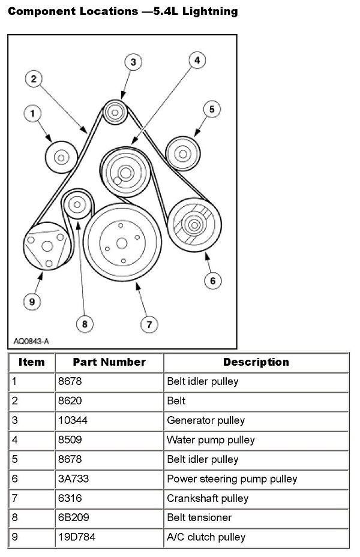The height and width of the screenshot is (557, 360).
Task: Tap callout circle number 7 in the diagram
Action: point(148,324)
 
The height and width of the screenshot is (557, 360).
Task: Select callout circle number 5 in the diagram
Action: point(212,109)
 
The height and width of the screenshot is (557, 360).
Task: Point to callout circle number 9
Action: point(33,300)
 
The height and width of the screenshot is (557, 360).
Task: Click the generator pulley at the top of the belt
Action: point(114,112)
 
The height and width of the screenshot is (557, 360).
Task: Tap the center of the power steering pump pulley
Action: point(194,225)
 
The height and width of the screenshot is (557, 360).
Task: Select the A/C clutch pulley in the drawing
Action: point(45,246)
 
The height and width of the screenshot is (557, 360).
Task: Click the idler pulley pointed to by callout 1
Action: point(61,158)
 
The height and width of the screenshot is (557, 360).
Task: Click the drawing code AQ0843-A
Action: point(31,341)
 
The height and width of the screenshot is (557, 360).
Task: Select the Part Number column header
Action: point(109,362)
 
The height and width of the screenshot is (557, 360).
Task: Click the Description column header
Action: point(256,362)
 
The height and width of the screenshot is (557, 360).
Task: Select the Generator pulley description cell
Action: point(205,420)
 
